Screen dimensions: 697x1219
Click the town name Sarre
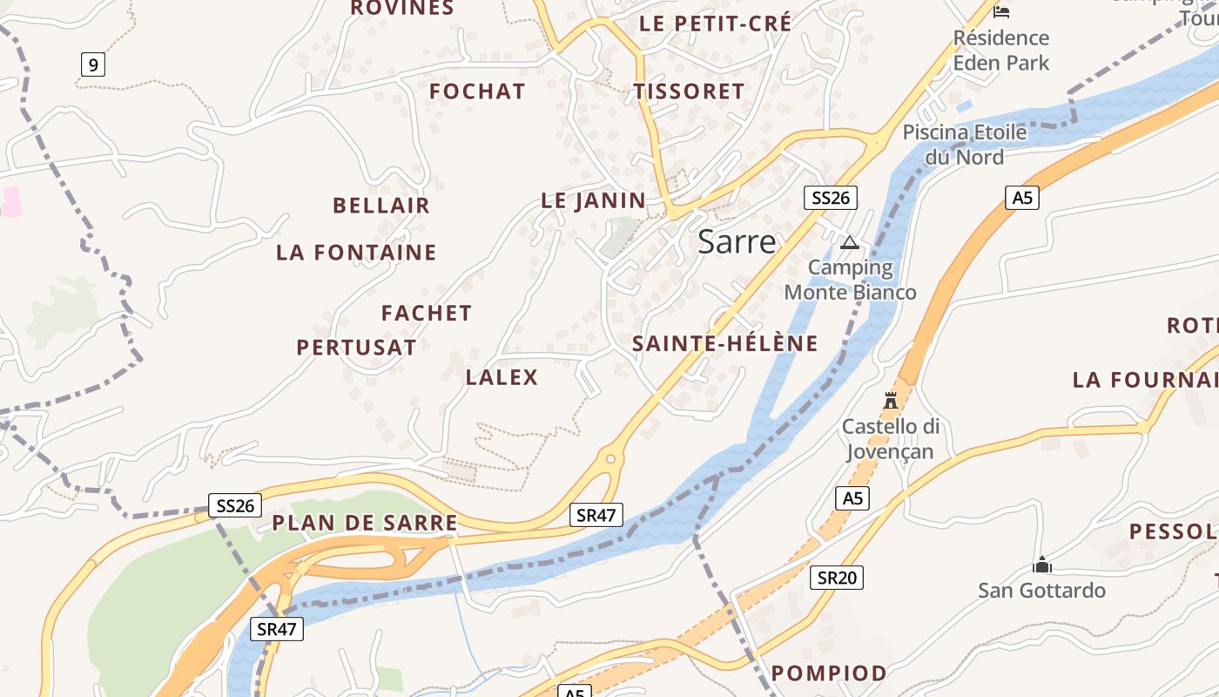point(737,242)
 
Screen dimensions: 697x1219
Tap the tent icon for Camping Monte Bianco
point(850,242)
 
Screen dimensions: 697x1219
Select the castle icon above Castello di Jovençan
point(891,401)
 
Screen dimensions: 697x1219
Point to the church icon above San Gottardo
point(1041,565)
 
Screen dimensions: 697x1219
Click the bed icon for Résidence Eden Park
point(1001,11)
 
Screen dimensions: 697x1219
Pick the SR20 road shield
point(837,577)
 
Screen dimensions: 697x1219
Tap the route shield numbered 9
point(93,64)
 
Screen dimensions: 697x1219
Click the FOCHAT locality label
point(477,91)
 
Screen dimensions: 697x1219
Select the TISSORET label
point(689,91)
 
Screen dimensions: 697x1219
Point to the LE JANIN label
point(594,200)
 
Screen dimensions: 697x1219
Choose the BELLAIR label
point(381,206)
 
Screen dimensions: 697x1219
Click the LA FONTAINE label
point(356,253)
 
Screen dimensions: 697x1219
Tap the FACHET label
point(427,313)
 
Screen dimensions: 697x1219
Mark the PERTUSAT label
point(356,348)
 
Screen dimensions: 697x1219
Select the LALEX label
point(502,377)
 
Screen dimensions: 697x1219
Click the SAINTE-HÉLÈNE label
point(725,343)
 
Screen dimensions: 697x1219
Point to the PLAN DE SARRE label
point(365,523)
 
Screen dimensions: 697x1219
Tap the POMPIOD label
point(829,673)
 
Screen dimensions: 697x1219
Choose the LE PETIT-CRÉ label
point(716,24)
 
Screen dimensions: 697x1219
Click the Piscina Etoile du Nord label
point(965,145)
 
